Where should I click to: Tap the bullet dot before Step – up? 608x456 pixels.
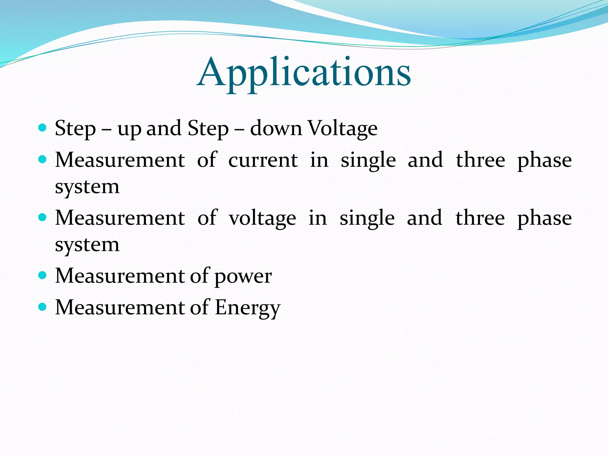(x=43, y=128)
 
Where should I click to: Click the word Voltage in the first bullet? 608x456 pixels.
(x=343, y=129)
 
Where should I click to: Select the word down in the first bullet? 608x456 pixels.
(x=276, y=129)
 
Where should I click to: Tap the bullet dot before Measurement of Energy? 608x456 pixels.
(x=43, y=307)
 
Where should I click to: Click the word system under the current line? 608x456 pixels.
(x=87, y=187)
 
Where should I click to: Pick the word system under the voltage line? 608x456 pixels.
(x=87, y=245)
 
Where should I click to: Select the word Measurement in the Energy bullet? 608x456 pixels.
(x=120, y=307)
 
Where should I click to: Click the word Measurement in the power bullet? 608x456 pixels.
(x=120, y=276)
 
